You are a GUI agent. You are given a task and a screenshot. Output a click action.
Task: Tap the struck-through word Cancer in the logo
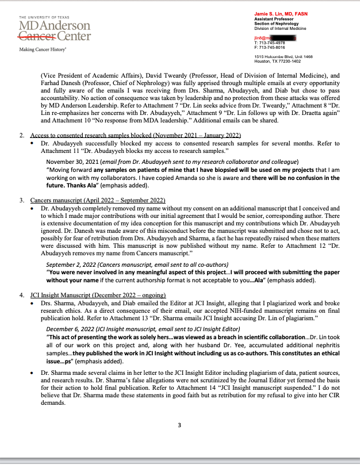(38, 37)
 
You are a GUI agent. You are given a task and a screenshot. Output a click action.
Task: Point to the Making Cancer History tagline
(42, 50)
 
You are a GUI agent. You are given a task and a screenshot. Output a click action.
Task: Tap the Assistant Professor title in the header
(271, 18)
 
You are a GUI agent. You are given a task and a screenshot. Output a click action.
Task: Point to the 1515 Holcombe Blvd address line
(284, 56)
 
